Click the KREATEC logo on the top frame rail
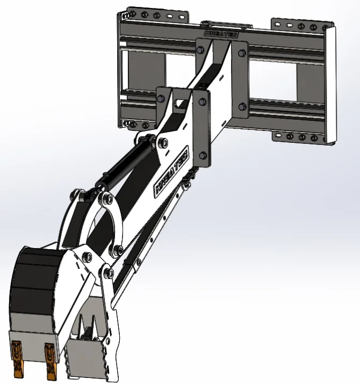pyautogui.click(x=222, y=33)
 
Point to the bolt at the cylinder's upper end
pyautogui.click(x=162, y=143)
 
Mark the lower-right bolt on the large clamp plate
pyautogui.click(x=241, y=106)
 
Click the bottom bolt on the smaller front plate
pyautogui.click(x=202, y=156)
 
